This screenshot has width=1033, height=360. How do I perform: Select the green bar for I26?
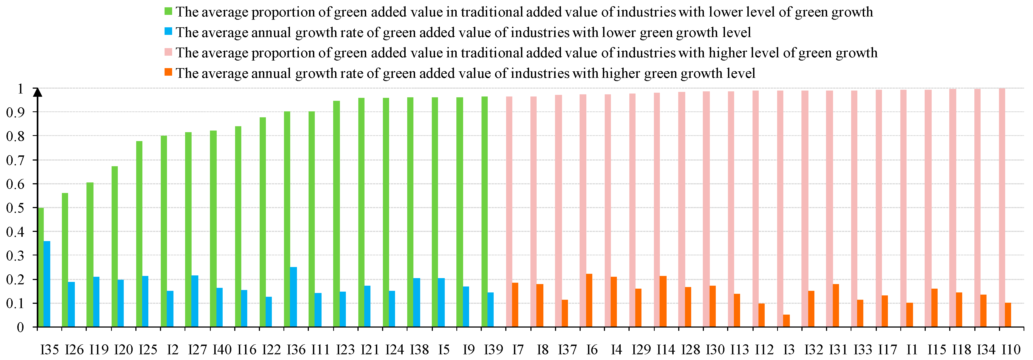click(x=65, y=260)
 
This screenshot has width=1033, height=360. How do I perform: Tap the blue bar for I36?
click(x=293, y=297)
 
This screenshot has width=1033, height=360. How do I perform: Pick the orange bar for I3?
click(x=786, y=321)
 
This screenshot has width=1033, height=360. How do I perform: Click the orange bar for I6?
click(x=589, y=301)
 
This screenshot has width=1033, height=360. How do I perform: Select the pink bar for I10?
click(x=1002, y=208)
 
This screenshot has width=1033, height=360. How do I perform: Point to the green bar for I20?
click(x=115, y=246)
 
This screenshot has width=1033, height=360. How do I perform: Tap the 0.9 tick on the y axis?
click(x=15, y=112)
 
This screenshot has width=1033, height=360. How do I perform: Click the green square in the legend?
click(x=168, y=11)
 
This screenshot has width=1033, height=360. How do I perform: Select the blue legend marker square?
click(x=168, y=31)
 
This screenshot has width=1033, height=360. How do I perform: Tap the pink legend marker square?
click(x=168, y=52)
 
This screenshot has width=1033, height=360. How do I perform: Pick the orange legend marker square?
click(x=168, y=72)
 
